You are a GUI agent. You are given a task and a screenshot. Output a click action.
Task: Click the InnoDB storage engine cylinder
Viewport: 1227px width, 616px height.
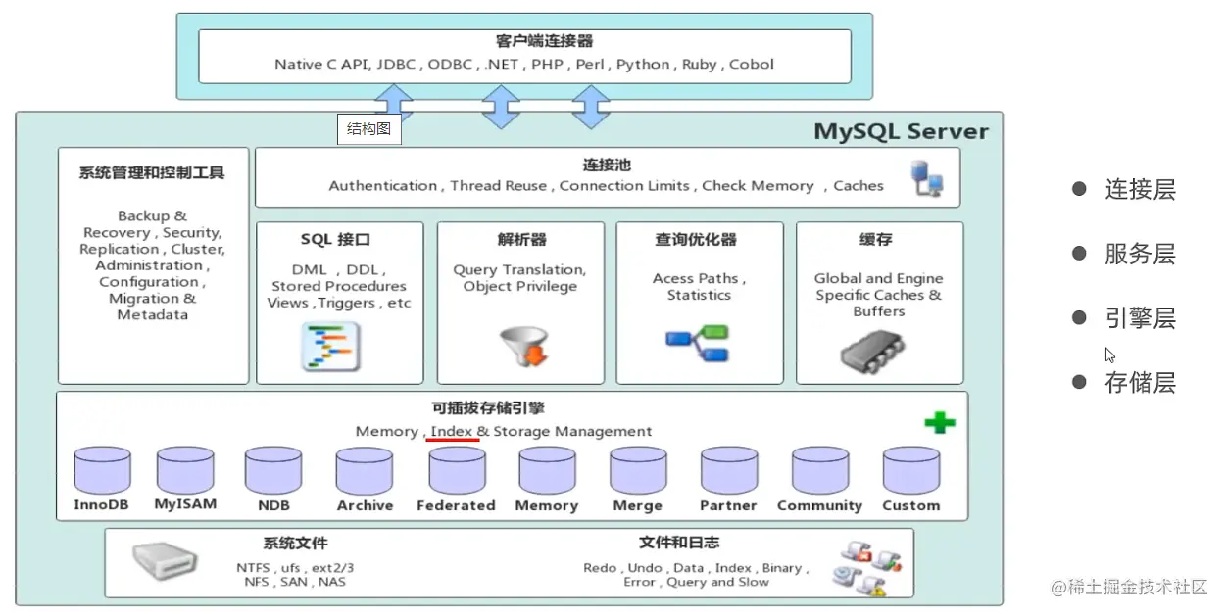(103, 471)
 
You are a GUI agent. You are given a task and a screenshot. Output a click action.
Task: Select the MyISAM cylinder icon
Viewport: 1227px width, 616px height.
(185, 471)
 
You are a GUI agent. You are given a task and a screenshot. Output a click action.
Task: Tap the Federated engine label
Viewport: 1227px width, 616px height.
(456, 505)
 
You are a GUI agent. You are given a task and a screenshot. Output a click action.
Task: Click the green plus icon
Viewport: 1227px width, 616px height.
(940, 423)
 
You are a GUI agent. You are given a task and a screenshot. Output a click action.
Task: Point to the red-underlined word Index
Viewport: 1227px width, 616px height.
(452, 431)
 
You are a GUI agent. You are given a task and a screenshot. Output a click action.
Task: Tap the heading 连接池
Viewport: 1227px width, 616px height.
(607, 166)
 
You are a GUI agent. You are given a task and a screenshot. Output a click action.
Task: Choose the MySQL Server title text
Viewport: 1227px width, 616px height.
(901, 131)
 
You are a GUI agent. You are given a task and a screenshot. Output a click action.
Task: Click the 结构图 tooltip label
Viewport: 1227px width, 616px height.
(369, 128)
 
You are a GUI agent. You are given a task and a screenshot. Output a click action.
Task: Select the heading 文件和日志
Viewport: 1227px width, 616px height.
(678, 543)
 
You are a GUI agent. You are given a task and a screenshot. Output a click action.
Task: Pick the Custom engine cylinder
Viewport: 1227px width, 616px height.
(910, 471)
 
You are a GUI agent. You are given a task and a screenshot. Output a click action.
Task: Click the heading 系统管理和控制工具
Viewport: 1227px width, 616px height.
(152, 172)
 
